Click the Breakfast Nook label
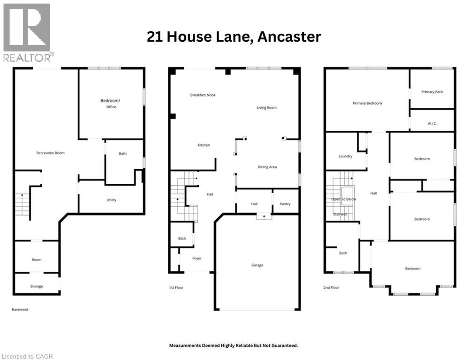[203, 95]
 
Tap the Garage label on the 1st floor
[257, 265]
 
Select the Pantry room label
[285, 204]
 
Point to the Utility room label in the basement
[111, 200]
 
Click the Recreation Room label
[51, 153]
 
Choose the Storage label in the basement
[37, 286]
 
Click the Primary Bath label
[431, 92]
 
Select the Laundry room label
[345, 156]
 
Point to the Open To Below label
[344, 199]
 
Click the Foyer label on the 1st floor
[197, 258]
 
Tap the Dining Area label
[267, 167]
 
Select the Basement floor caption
[20, 309]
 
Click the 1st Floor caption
[176, 287]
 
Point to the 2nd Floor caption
[331, 288]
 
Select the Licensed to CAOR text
[28, 356]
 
